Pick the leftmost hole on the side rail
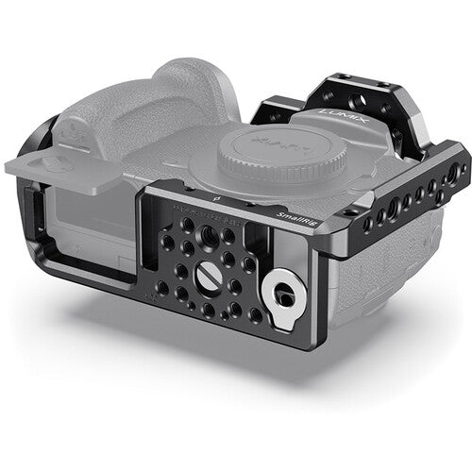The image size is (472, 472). click(x=345, y=232)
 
